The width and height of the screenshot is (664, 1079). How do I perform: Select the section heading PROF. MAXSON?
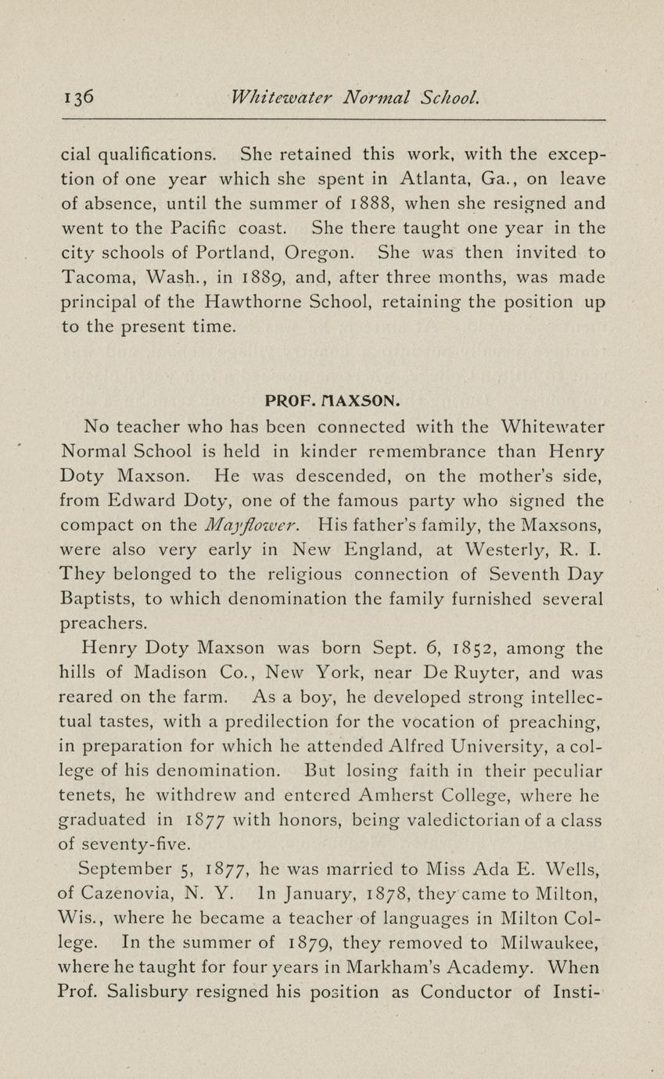[332, 401]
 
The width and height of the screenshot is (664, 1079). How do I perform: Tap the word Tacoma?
[93, 277]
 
